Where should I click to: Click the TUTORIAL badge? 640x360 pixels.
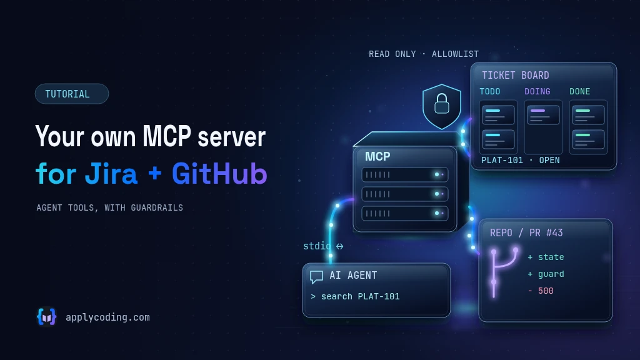click(72, 94)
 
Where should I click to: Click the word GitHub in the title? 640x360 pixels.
click(219, 174)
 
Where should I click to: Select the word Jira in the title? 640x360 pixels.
click(111, 174)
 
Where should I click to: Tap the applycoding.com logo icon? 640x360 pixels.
click(46, 317)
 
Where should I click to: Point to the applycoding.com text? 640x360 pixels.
click(107, 317)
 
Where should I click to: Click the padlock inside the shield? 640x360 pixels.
click(442, 103)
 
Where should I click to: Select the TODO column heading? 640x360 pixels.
click(490, 91)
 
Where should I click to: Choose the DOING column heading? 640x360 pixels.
click(537, 91)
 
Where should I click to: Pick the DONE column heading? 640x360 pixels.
click(579, 91)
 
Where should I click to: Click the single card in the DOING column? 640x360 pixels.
click(543, 115)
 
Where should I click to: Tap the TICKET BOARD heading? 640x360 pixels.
click(516, 76)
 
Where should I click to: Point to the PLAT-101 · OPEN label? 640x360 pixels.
click(521, 161)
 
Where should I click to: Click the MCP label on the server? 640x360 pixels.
click(377, 156)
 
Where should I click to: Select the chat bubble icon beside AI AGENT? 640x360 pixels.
click(316, 277)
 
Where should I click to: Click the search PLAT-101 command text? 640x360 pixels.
click(361, 297)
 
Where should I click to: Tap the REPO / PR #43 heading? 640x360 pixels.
click(526, 232)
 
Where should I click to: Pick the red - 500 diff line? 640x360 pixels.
click(541, 291)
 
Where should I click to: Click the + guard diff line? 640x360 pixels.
click(546, 274)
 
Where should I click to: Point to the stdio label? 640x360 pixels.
click(317, 246)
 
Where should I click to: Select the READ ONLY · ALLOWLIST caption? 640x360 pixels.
click(424, 54)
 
